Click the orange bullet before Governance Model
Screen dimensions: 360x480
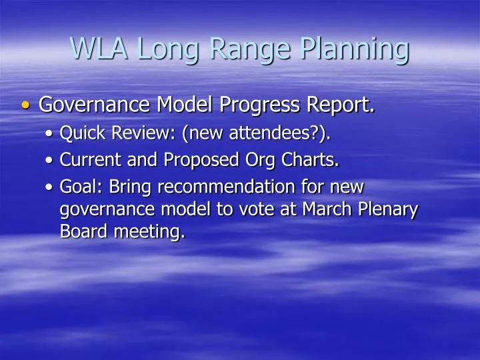(x=26, y=105)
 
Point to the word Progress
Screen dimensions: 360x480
(x=264, y=105)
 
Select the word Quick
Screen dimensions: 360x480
(x=83, y=134)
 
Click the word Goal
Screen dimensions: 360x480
(x=78, y=187)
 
